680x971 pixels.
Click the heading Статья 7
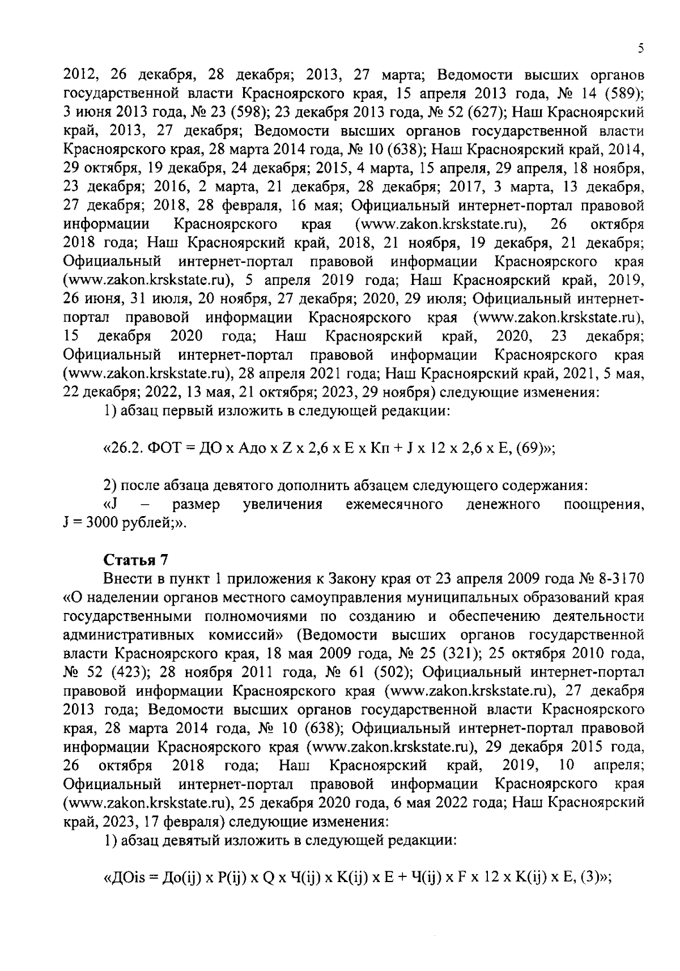(x=135, y=560)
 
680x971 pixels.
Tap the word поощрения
(x=603, y=504)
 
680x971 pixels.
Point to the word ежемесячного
(x=394, y=504)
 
